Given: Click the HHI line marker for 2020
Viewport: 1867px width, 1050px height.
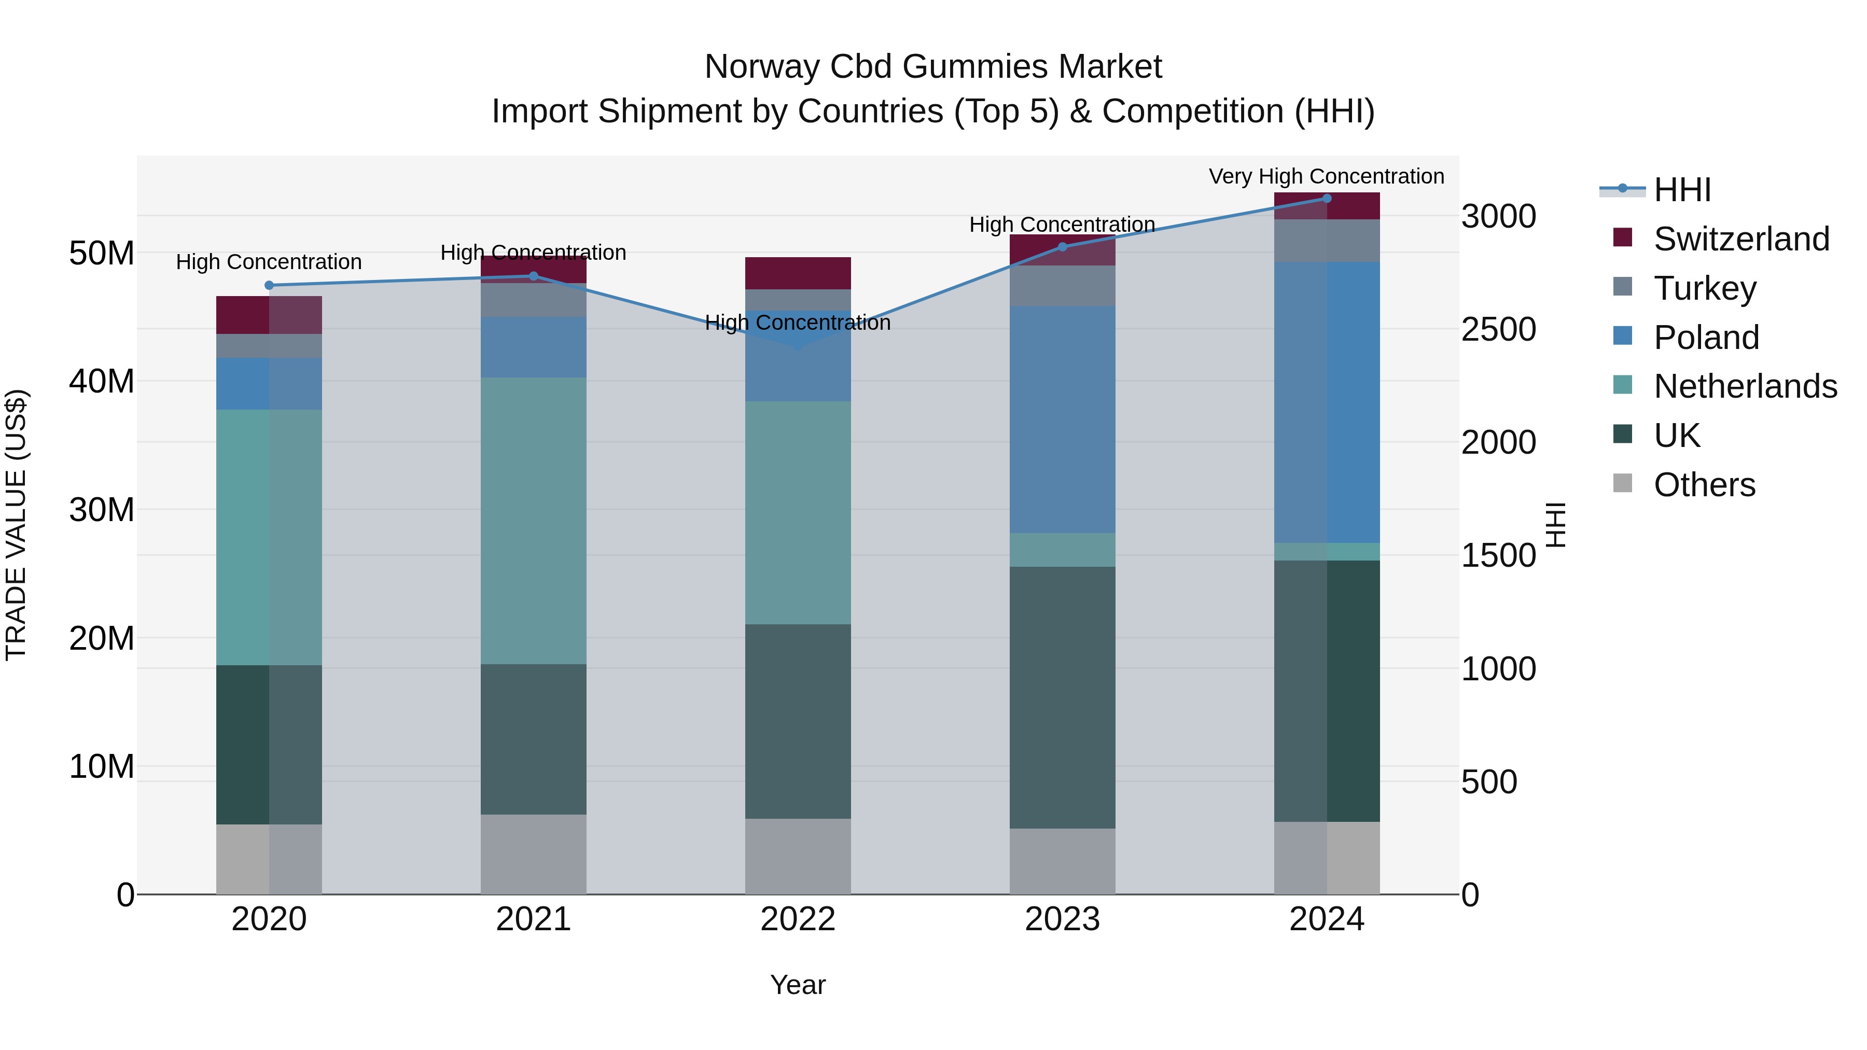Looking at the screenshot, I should [269, 286].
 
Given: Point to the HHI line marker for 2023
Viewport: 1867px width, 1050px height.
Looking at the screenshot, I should [1063, 247].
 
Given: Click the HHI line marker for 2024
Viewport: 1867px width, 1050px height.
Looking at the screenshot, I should [1327, 199].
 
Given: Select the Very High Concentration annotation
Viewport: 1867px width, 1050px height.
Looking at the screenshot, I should [1326, 176].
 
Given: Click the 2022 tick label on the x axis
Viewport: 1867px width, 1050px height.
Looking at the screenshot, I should [798, 919].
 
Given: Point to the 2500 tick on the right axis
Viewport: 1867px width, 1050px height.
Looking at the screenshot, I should [1498, 330].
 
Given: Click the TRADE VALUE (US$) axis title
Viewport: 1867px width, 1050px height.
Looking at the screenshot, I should [16, 525].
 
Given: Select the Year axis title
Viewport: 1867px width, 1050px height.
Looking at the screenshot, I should [798, 985].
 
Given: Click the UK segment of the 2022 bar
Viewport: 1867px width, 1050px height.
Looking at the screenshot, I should [798, 721].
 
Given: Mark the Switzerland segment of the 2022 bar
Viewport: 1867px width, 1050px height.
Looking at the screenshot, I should [798, 273].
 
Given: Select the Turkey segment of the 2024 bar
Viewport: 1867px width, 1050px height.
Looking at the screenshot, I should [1327, 241].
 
